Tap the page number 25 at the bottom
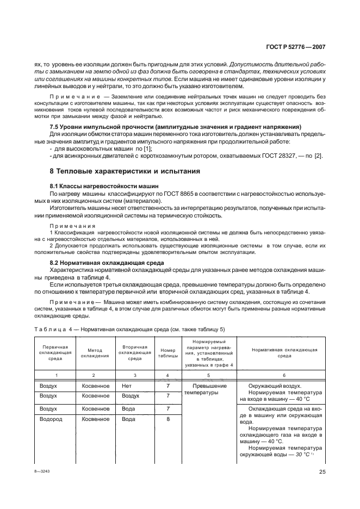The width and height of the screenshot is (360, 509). point(322,472)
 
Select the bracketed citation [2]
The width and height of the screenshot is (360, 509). point(318,156)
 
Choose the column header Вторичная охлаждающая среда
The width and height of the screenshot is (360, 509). point(131,353)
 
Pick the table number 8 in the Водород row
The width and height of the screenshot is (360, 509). point(167,419)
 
